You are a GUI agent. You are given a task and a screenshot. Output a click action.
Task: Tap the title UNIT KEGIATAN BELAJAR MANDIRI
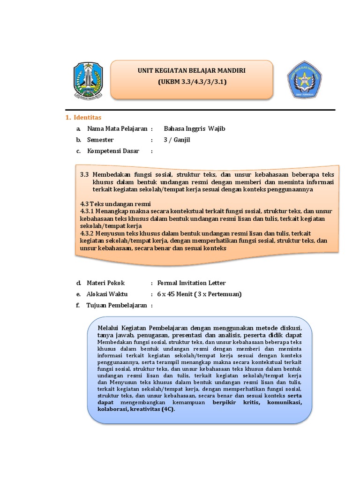pyautogui.click(x=192, y=71)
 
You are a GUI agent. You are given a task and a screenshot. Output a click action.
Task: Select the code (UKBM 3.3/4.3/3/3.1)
pyautogui.click(x=192, y=82)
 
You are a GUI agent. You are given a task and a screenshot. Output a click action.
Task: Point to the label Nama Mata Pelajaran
pyautogui.click(x=117, y=128)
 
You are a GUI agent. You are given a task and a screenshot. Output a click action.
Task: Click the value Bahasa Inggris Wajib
pyautogui.click(x=191, y=128)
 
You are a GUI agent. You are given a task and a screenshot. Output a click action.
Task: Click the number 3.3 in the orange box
pyautogui.click(x=84, y=174)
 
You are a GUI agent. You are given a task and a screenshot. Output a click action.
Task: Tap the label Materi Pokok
pyautogui.click(x=106, y=283)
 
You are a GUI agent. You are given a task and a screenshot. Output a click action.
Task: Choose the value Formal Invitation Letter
pyautogui.click(x=191, y=283)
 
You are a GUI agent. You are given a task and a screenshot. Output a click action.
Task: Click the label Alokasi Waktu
pyautogui.click(x=107, y=294)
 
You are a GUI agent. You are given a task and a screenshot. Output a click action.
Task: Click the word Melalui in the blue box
pyautogui.click(x=107, y=327)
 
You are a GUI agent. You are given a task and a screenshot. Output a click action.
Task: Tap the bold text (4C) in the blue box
pyautogui.click(x=167, y=409)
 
